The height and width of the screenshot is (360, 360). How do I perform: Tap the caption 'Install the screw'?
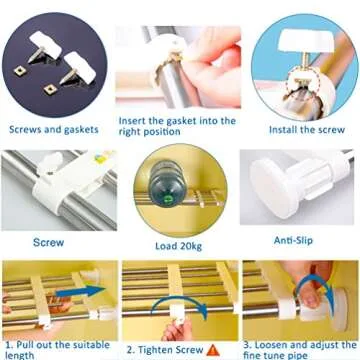tap(299, 130)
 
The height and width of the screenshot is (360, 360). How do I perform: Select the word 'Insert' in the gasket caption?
tap(139, 121)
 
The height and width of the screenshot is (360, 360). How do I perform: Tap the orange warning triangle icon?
tap(213, 349)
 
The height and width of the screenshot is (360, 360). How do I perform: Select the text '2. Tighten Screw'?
tap(165, 349)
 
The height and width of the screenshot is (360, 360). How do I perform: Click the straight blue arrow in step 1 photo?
tap(84, 291)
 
